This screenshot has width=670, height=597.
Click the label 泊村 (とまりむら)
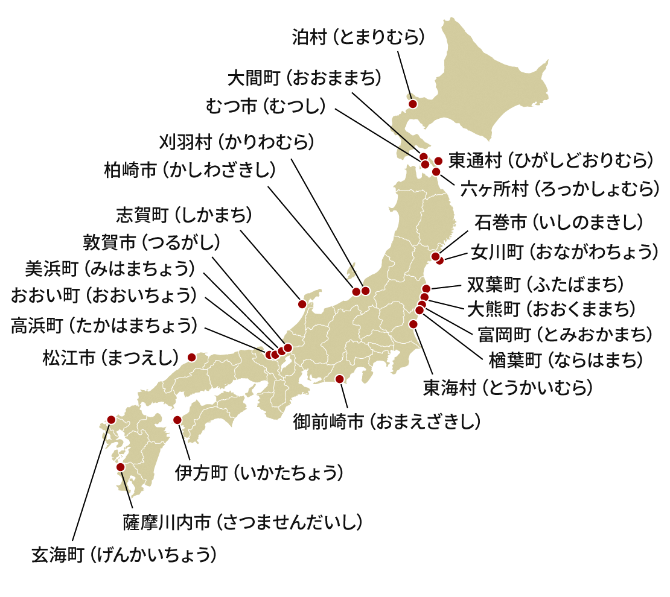click(x=359, y=37)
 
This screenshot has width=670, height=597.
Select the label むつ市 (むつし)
click(x=266, y=106)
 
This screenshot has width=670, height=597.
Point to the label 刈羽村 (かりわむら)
click(x=237, y=142)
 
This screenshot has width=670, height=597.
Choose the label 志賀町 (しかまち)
click(x=183, y=214)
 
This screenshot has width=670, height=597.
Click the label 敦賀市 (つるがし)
click(x=152, y=242)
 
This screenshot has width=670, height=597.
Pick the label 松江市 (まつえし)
click(x=111, y=358)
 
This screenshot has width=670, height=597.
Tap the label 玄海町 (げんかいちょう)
click(x=124, y=555)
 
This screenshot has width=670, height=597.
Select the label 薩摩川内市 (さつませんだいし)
click(x=243, y=522)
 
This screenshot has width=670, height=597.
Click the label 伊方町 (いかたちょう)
click(x=260, y=473)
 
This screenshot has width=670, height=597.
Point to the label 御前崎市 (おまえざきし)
click(x=387, y=422)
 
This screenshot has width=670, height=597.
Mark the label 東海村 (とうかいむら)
click(x=508, y=387)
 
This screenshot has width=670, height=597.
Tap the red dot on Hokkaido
click(x=413, y=104)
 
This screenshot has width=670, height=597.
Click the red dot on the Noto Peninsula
click(x=302, y=305)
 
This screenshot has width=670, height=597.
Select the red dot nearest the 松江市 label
click(x=192, y=357)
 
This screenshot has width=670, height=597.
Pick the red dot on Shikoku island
click(x=177, y=419)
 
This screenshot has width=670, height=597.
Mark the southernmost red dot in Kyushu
click(x=120, y=467)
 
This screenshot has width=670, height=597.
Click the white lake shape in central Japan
click(x=286, y=364)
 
